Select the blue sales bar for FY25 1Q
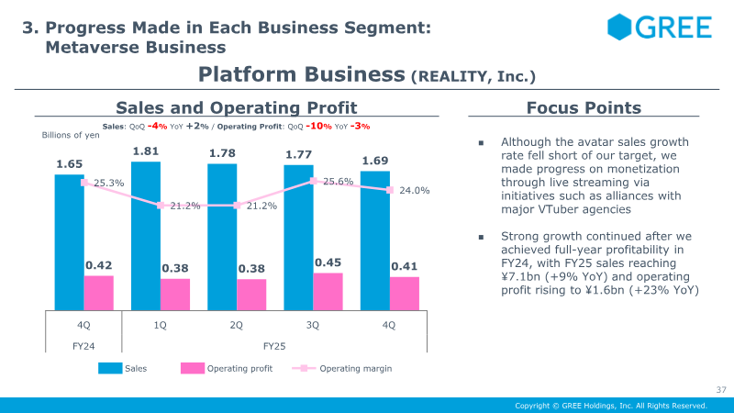146,235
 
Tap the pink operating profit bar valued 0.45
328,291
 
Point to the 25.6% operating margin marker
314,182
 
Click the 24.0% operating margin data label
415,191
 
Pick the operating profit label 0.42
98,265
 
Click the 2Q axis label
236,325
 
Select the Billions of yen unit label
71,135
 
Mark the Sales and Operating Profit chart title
236,108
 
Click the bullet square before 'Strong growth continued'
480,236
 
